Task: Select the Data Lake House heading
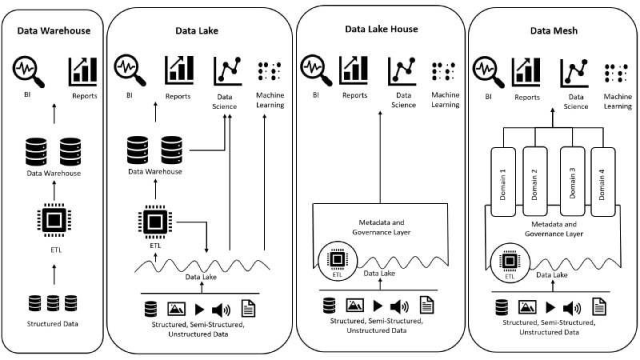point(381,29)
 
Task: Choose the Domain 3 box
point(570,179)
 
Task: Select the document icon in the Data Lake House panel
point(427,305)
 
